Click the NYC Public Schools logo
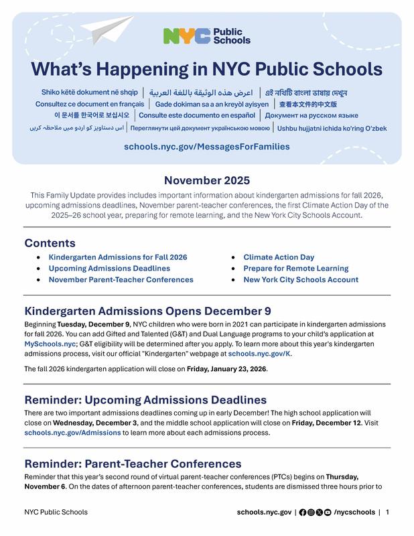coord(206,36)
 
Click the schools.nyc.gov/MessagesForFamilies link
coord(207,146)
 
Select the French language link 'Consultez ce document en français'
coord(90,104)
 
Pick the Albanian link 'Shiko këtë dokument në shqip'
coord(90,92)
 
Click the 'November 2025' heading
coord(207,180)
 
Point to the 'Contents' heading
coord(50,243)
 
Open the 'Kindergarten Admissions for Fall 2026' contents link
coord(118,257)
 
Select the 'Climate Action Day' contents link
coord(279,257)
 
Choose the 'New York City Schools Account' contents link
coord(301,280)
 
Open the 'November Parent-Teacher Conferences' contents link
coord(121,280)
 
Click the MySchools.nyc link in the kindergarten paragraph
coord(50,344)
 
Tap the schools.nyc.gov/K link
coord(259,354)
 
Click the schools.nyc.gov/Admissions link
coord(72,433)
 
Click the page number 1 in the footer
coord(387,513)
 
